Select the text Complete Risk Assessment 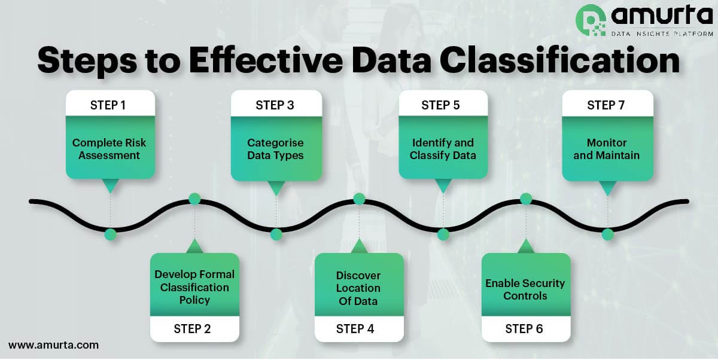pyautogui.click(x=109, y=149)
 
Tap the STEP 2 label pyautogui.click(x=192, y=328)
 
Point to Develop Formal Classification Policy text pyautogui.click(x=194, y=287)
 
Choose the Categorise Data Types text pyautogui.click(x=275, y=149)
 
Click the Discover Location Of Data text pyautogui.click(x=358, y=288)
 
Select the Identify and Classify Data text pyautogui.click(x=443, y=149)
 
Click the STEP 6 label pyautogui.click(x=524, y=328)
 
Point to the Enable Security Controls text pyautogui.click(x=525, y=289)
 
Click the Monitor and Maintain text pyautogui.click(x=607, y=149)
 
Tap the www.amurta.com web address pyautogui.click(x=53, y=345)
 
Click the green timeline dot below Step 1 pyautogui.click(x=110, y=234)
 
